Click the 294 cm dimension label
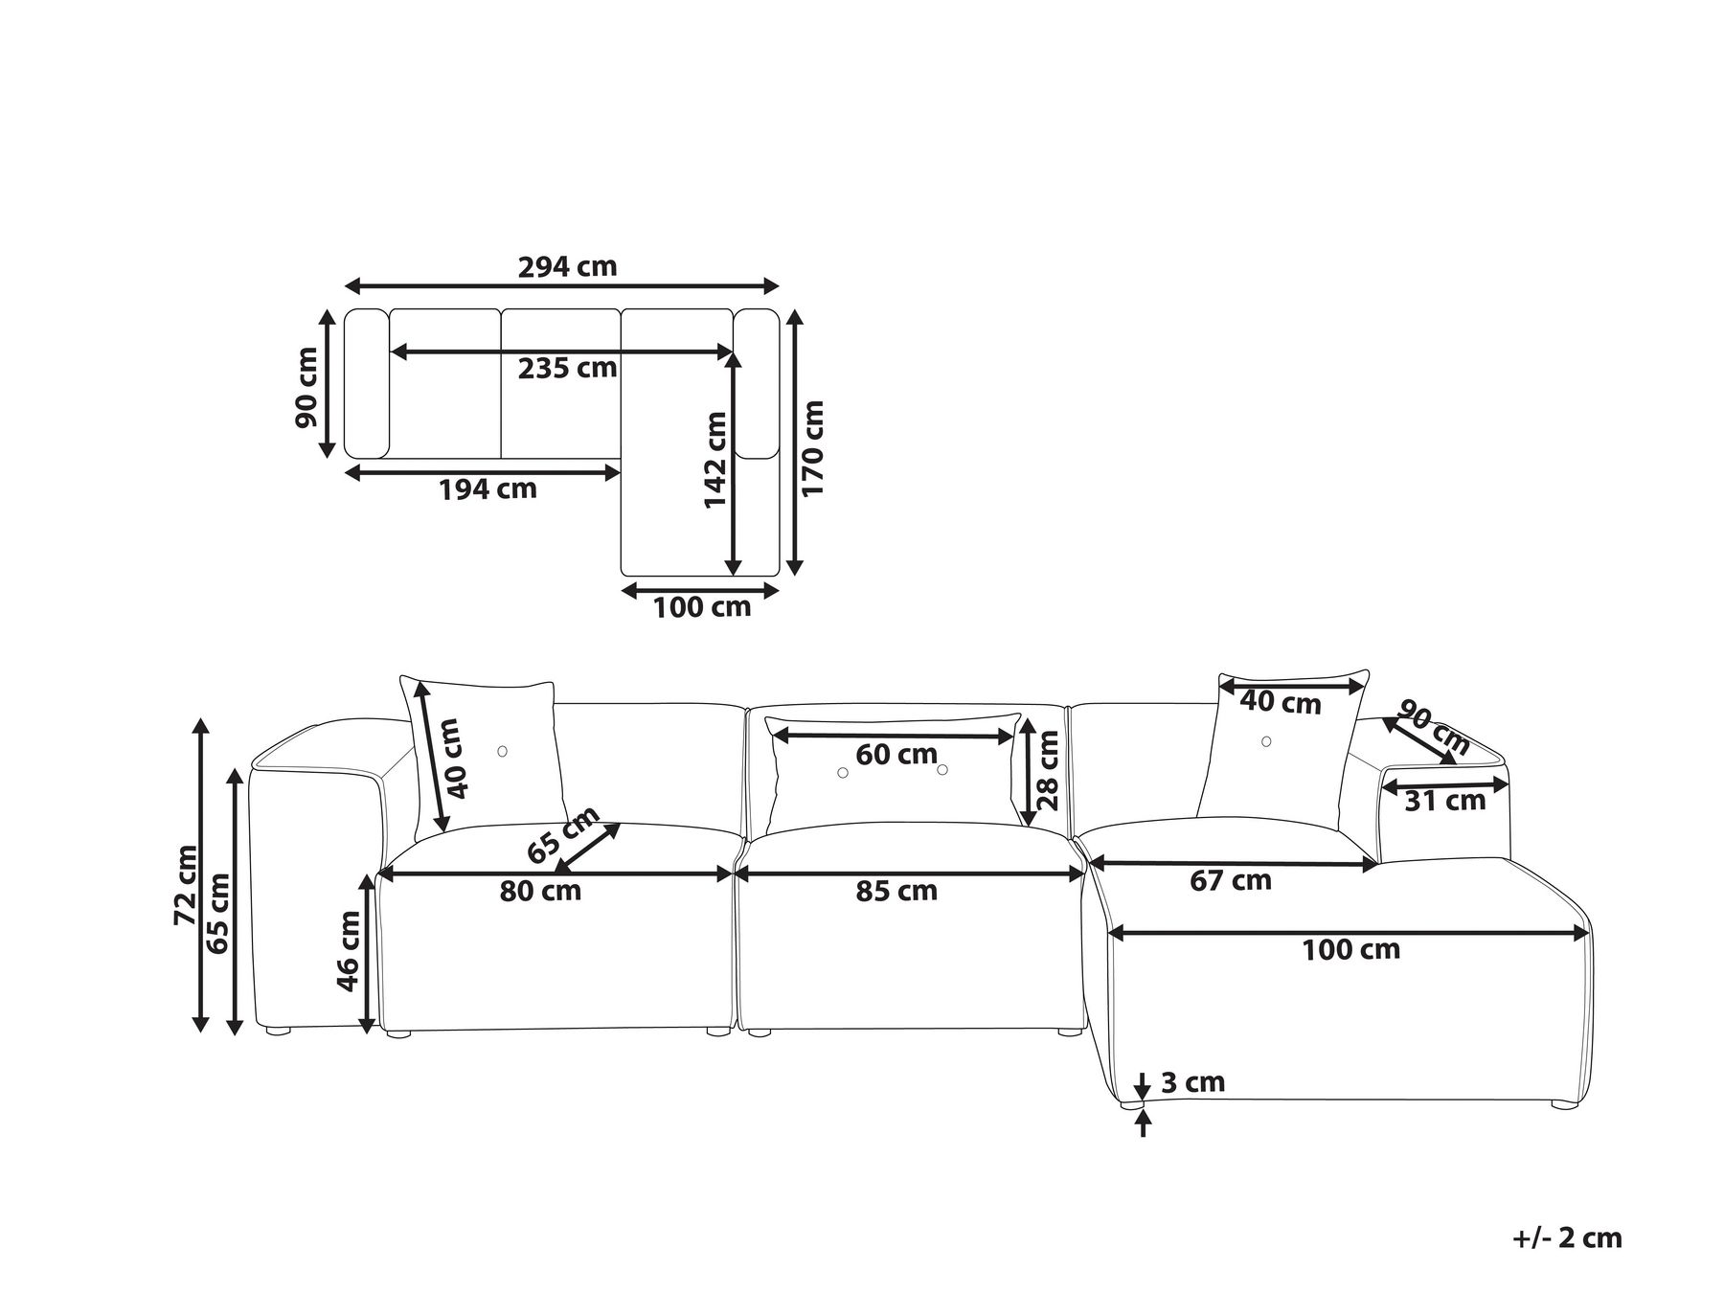point(567,266)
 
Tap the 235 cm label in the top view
point(567,368)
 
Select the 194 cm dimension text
point(488,489)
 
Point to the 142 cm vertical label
point(715,461)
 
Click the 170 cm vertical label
point(812,447)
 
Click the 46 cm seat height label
point(349,951)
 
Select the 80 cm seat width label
point(540,891)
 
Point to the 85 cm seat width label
point(896,891)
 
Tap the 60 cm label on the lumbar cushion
point(896,755)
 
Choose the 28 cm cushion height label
point(1048,770)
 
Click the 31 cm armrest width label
point(1445,800)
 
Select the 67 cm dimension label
point(1231,880)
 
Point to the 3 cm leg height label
point(1192,1083)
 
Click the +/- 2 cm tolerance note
point(1567,1237)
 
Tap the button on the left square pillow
point(503,752)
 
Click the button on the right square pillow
point(1266,741)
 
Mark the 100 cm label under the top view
point(702,607)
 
